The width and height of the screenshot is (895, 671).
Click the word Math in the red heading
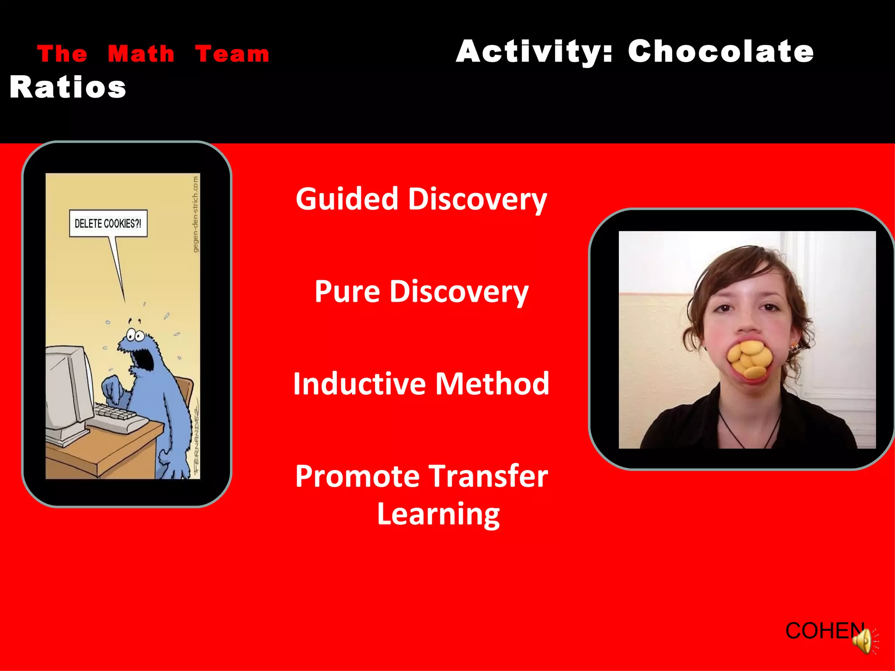141,54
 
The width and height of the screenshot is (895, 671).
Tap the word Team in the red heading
232,54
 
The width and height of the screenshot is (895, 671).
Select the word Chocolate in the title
721,52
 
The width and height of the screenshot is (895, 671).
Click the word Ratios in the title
68,87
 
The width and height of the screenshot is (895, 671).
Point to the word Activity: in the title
534,52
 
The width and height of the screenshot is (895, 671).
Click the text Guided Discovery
421,199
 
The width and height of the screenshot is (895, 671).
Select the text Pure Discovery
421,292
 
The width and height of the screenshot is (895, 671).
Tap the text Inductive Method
421,384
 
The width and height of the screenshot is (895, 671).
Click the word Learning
438,515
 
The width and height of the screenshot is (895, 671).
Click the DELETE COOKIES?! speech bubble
108,224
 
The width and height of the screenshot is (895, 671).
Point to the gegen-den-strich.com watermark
196,214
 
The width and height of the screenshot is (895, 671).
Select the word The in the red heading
62,54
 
